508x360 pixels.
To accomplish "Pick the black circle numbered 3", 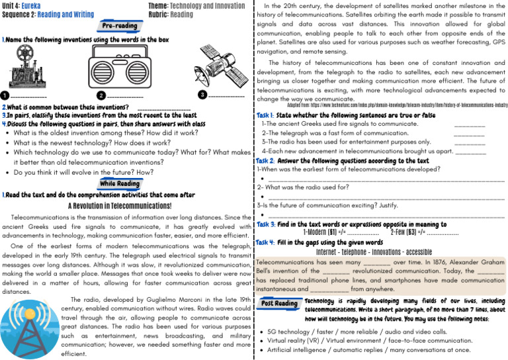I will click(202, 95).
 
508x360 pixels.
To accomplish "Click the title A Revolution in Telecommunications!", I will click(120, 205).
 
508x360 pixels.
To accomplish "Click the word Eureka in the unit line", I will click(30, 5).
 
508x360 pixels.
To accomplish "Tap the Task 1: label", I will click(268, 114).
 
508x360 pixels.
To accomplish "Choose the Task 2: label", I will click(268, 160).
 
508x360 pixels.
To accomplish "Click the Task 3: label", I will click(268, 224).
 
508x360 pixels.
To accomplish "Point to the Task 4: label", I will click(268, 242).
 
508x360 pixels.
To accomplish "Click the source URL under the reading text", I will click(398, 105).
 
